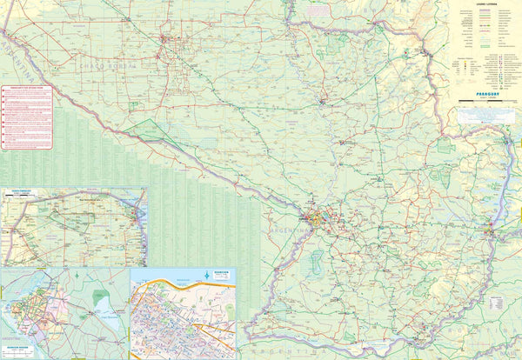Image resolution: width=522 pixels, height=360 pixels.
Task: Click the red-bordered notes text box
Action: coord(26,117)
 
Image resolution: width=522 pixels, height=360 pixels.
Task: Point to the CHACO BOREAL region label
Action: coord(109,66)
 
